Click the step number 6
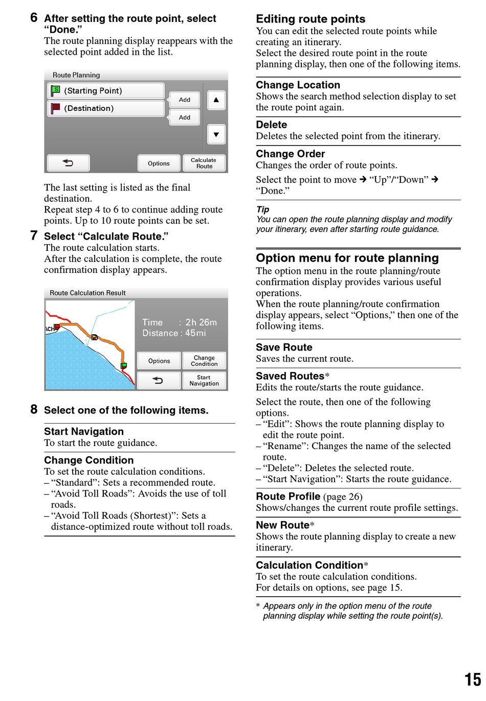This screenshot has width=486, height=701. [x=34, y=18]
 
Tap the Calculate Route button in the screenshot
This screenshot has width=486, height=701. [x=204, y=163]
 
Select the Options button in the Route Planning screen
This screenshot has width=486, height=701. [x=159, y=163]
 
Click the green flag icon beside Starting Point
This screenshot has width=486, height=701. [x=55, y=91]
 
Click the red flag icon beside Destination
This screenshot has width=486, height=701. [x=55, y=108]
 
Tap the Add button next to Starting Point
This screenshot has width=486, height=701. [x=184, y=100]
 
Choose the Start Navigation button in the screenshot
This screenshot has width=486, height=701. [x=204, y=381]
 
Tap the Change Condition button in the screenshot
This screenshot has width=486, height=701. [x=204, y=361]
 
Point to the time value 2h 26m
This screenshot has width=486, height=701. [x=201, y=322]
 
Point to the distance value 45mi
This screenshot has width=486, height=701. [x=195, y=333]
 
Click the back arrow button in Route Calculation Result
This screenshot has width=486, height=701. [x=158, y=381]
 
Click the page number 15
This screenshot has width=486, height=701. [x=472, y=680]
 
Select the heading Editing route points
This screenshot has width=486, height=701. [x=311, y=19]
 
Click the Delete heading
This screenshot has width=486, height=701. [x=271, y=125]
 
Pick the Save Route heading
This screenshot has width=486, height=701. [x=284, y=347]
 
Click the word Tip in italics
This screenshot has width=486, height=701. [x=262, y=209]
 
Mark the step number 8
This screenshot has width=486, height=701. [x=34, y=410]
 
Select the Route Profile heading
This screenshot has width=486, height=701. [x=288, y=497]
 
